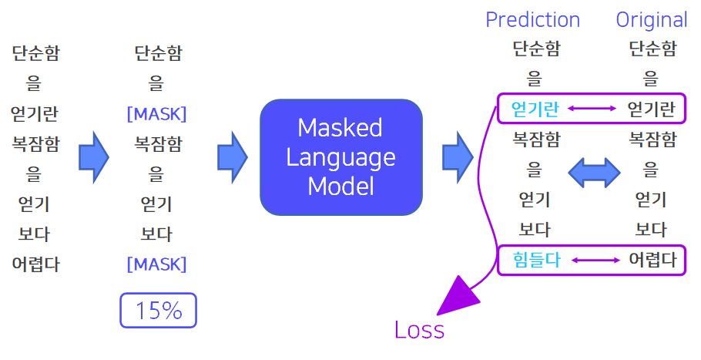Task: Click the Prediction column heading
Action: coord(532,20)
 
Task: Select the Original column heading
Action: coord(652,21)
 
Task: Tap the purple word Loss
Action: coord(419,330)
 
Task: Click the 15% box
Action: coord(158,311)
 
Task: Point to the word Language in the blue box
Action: coord(340,158)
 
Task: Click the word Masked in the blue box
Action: coord(340,128)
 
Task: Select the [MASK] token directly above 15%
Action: coord(157,264)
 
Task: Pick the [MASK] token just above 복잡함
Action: coord(157,114)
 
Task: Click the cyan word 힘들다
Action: coord(536,260)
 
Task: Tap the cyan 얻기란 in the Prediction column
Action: coord(535,109)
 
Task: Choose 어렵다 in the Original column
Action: coord(652,260)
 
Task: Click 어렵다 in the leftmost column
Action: coord(35,264)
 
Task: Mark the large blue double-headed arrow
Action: coord(594,172)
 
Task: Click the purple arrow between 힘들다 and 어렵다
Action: coord(596,261)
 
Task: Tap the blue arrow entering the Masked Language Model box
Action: coord(233,157)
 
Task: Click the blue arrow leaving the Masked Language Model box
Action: coord(458,157)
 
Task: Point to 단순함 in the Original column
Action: coord(652,49)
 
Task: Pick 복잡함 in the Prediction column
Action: coord(536,140)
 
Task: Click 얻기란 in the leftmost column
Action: coord(35,113)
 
